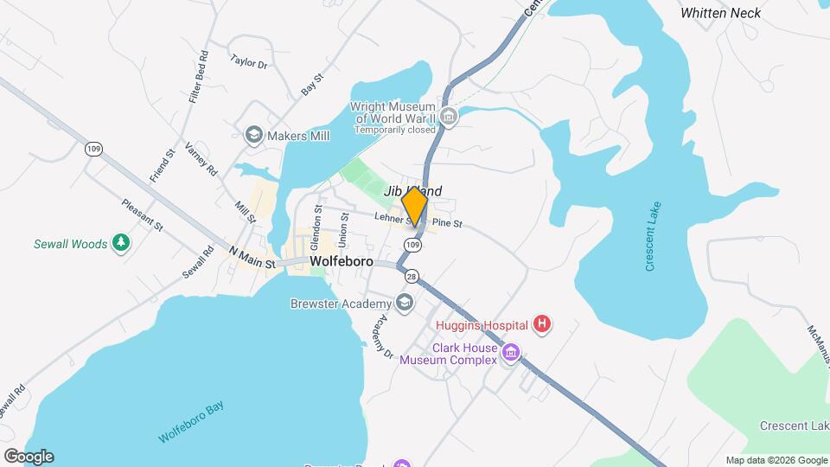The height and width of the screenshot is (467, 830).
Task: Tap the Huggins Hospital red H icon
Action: (542, 325)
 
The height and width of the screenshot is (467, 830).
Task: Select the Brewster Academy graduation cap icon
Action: (404, 302)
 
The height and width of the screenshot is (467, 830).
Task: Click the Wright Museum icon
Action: (448, 117)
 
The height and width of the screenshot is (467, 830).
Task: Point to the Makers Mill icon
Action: (253, 135)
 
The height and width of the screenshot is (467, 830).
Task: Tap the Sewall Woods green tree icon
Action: (122, 243)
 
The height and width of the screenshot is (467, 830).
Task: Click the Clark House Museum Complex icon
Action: (511, 353)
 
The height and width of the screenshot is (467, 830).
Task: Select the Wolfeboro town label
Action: (341, 260)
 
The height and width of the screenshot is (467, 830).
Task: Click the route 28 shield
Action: (411, 277)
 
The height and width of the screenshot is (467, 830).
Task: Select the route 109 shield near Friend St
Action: (93, 149)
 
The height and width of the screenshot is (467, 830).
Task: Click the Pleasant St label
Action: (142, 214)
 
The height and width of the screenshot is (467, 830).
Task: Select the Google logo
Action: (28, 457)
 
